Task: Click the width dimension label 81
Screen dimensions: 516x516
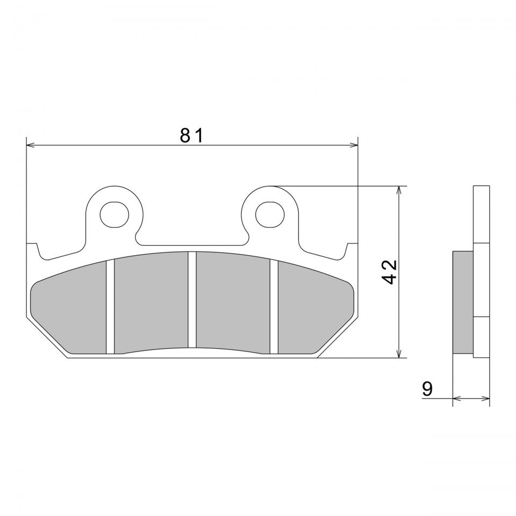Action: (x=191, y=135)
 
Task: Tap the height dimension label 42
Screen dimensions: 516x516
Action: (x=389, y=272)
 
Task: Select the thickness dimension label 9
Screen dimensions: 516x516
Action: (x=427, y=389)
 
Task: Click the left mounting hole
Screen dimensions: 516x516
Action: (x=114, y=214)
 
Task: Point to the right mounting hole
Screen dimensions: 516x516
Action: (x=269, y=214)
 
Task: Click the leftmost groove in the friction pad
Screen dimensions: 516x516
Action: (x=110, y=307)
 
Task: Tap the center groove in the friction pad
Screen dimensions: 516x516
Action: (x=192, y=299)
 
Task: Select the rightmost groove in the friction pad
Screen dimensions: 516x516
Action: (x=274, y=307)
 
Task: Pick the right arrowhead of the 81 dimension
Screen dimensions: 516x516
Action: (x=354, y=145)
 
